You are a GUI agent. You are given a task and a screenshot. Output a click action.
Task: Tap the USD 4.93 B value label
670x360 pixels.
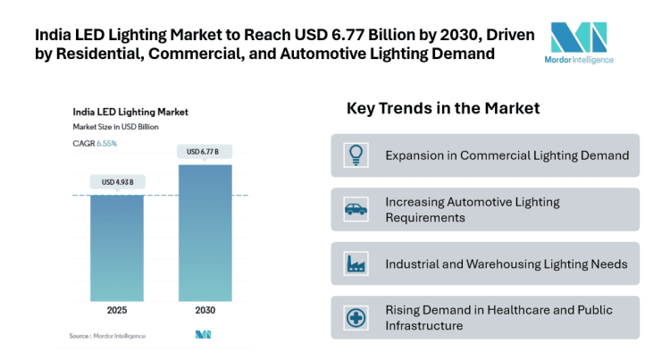tap(117, 182)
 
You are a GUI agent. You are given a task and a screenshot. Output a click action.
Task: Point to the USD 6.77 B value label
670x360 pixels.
tap(205, 152)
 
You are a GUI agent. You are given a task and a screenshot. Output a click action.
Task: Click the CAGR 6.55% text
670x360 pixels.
tap(95, 143)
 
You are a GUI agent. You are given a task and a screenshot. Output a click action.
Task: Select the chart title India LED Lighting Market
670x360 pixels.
tap(130, 113)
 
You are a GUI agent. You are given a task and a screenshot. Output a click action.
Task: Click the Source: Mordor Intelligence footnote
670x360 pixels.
tap(107, 336)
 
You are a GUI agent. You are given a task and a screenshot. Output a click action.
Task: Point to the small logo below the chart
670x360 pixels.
tap(203, 335)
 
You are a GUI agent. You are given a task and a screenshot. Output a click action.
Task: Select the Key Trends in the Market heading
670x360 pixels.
tap(443, 109)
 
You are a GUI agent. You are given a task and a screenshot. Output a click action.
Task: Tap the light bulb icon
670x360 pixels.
tap(356, 155)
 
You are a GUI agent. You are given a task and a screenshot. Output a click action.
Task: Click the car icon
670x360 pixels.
tap(356, 209)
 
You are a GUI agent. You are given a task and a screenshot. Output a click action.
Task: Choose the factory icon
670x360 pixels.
tap(356, 264)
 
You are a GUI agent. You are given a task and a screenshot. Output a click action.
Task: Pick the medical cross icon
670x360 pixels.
tap(356, 317)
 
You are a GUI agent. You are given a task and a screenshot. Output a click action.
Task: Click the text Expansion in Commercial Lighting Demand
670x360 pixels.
tap(507, 155)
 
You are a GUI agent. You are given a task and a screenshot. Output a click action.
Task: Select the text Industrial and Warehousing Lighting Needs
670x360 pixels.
tap(506, 264)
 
